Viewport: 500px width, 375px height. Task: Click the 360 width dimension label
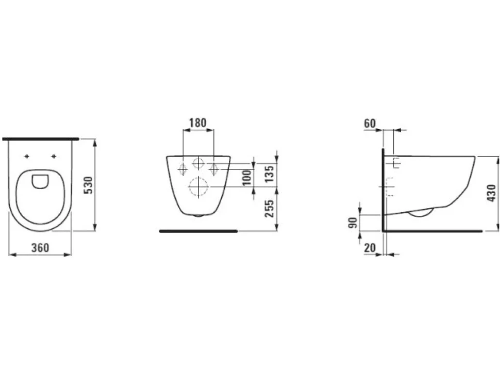coord(40,247)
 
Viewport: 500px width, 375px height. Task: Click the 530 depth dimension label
coord(88,185)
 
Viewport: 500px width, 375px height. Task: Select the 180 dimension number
coord(198,122)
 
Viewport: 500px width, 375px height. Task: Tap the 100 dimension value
coord(247,178)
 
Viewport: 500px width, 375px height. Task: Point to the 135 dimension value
coord(269,174)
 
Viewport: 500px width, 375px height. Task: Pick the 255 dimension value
coord(269,209)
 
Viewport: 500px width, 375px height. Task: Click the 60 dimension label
coord(370,123)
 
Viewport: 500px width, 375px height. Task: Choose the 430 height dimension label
coord(491,193)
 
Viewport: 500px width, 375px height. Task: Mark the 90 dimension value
coord(353,223)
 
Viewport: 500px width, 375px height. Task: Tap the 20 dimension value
coord(370,247)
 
